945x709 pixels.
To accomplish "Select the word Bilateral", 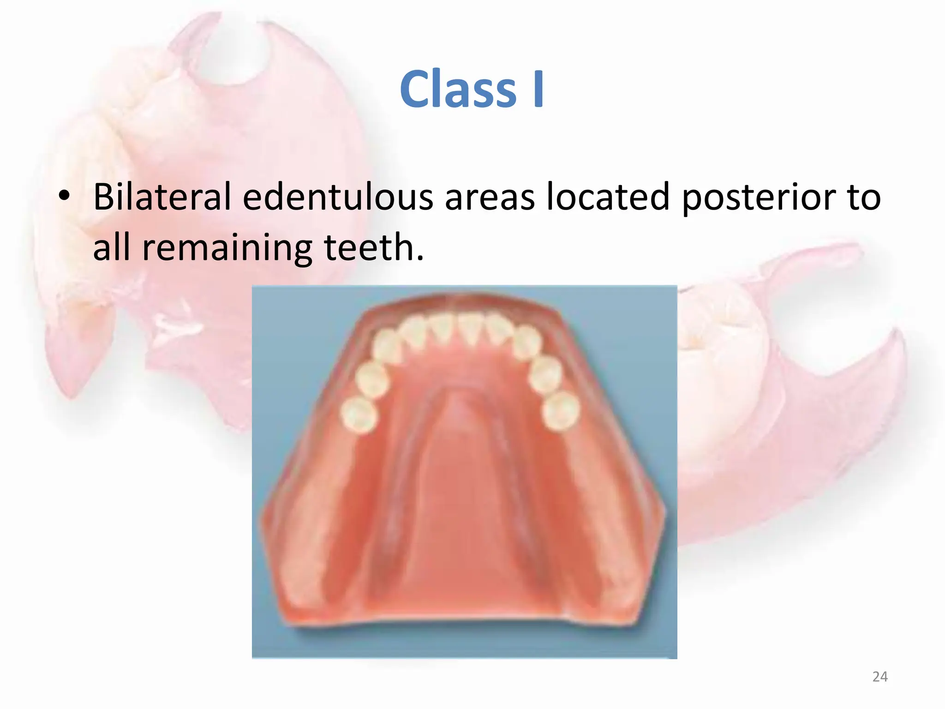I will point(162,198).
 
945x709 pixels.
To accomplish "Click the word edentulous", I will point(338,198).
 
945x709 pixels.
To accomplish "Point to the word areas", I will point(489,198).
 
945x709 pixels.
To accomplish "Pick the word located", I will point(608,198).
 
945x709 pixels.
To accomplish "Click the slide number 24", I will point(880,677).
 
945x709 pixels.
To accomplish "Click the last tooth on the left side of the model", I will point(359,415).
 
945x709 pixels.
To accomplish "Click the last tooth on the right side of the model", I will point(561,411).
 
